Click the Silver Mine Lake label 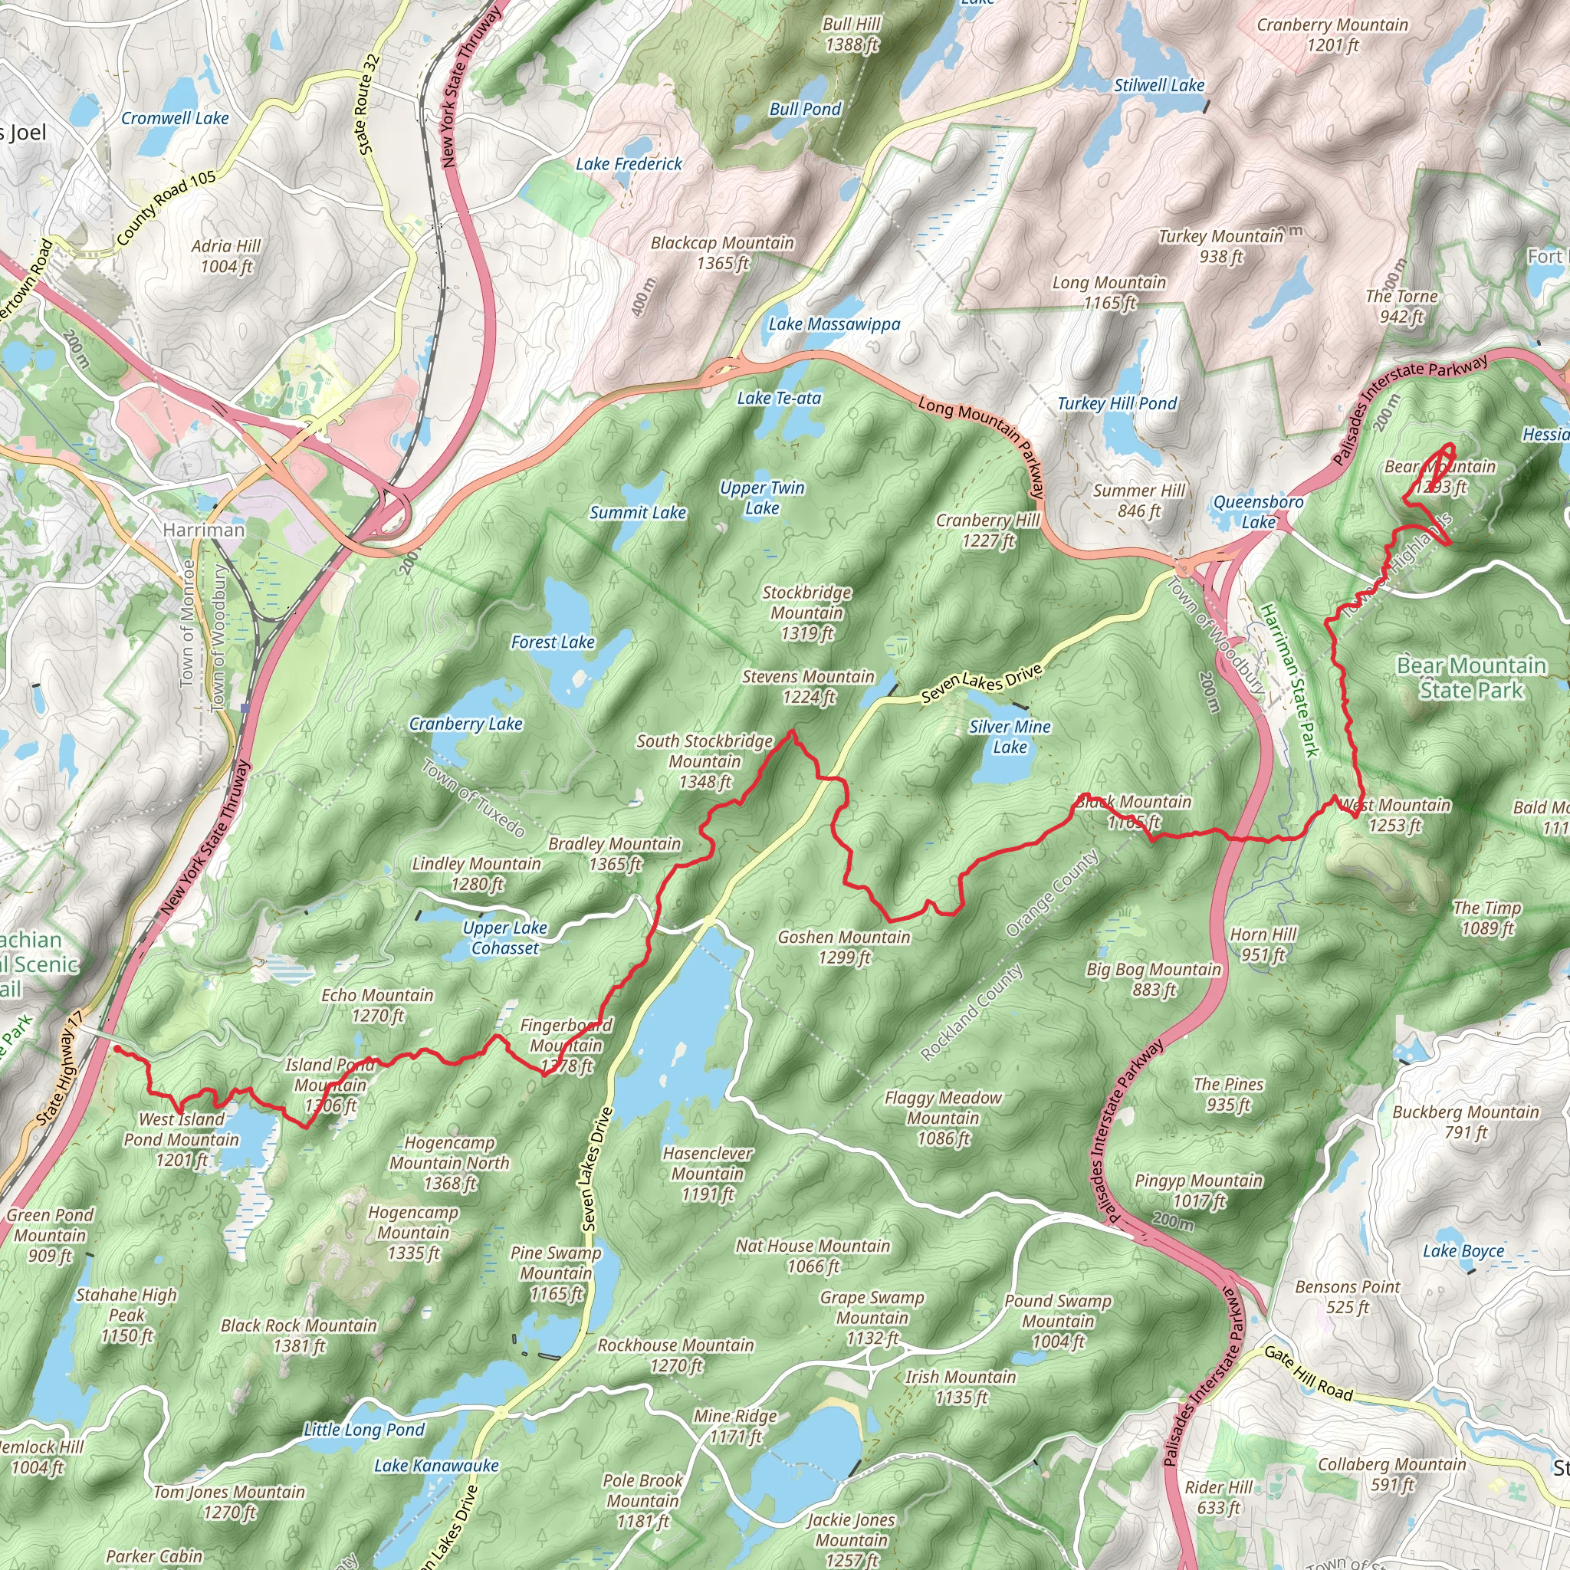(x=1010, y=736)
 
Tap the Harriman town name (x=203, y=530)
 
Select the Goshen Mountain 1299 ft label (x=843, y=947)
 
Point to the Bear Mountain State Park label (x=1471, y=678)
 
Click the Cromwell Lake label (x=175, y=118)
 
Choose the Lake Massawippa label (x=834, y=324)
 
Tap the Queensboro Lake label (x=1258, y=512)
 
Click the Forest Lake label (x=553, y=642)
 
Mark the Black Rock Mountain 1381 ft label (x=299, y=1335)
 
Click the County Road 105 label (x=166, y=208)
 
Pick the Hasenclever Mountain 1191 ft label (x=707, y=1174)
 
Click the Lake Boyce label (x=1463, y=1250)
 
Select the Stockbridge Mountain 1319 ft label (x=806, y=613)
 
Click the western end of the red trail (x=117, y=1049)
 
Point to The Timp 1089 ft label (x=1486, y=918)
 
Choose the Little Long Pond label (x=364, y=1430)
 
